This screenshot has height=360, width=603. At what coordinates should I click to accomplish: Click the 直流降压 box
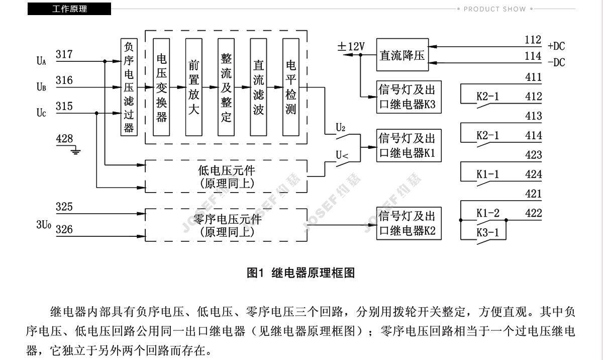[x=403, y=55]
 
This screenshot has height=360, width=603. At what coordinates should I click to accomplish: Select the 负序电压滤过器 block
[x=129, y=87]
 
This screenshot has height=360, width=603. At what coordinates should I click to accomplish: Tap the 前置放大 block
[x=194, y=87]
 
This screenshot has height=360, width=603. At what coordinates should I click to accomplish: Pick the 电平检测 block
[x=291, y=87]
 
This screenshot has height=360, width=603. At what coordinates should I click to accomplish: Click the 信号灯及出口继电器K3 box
[x=409, y=97]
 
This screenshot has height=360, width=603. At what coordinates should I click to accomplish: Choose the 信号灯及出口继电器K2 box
[x=409, y=223]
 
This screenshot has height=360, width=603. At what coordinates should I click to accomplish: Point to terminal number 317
[x=64, y=54]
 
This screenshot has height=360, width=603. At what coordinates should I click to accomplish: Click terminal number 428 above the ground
[x=64, y=138]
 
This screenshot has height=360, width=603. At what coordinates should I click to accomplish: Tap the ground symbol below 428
[x=76, y=150]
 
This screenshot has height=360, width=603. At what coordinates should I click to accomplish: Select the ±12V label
[x=351, y=46]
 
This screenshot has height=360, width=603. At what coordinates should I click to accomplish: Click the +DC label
[x=556, y=46]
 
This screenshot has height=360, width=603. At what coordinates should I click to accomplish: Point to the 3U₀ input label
[x=44, y=225]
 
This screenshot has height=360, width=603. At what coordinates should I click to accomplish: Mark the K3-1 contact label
[x=487, y=232]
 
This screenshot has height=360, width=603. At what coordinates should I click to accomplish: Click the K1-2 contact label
[x=488, y=213]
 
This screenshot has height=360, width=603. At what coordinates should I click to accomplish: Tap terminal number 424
[x=533, y=174]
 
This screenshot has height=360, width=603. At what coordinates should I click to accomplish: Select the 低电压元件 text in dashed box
[x=227, y=170]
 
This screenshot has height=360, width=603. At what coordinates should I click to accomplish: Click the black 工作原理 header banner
[x=69, y=9]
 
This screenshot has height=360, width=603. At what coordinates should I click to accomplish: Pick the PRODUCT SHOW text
[x=494, y=9]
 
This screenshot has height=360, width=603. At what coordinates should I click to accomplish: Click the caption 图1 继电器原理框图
[x=300, y=273]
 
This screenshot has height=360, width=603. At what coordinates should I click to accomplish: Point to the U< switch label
[x=342, y=155]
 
